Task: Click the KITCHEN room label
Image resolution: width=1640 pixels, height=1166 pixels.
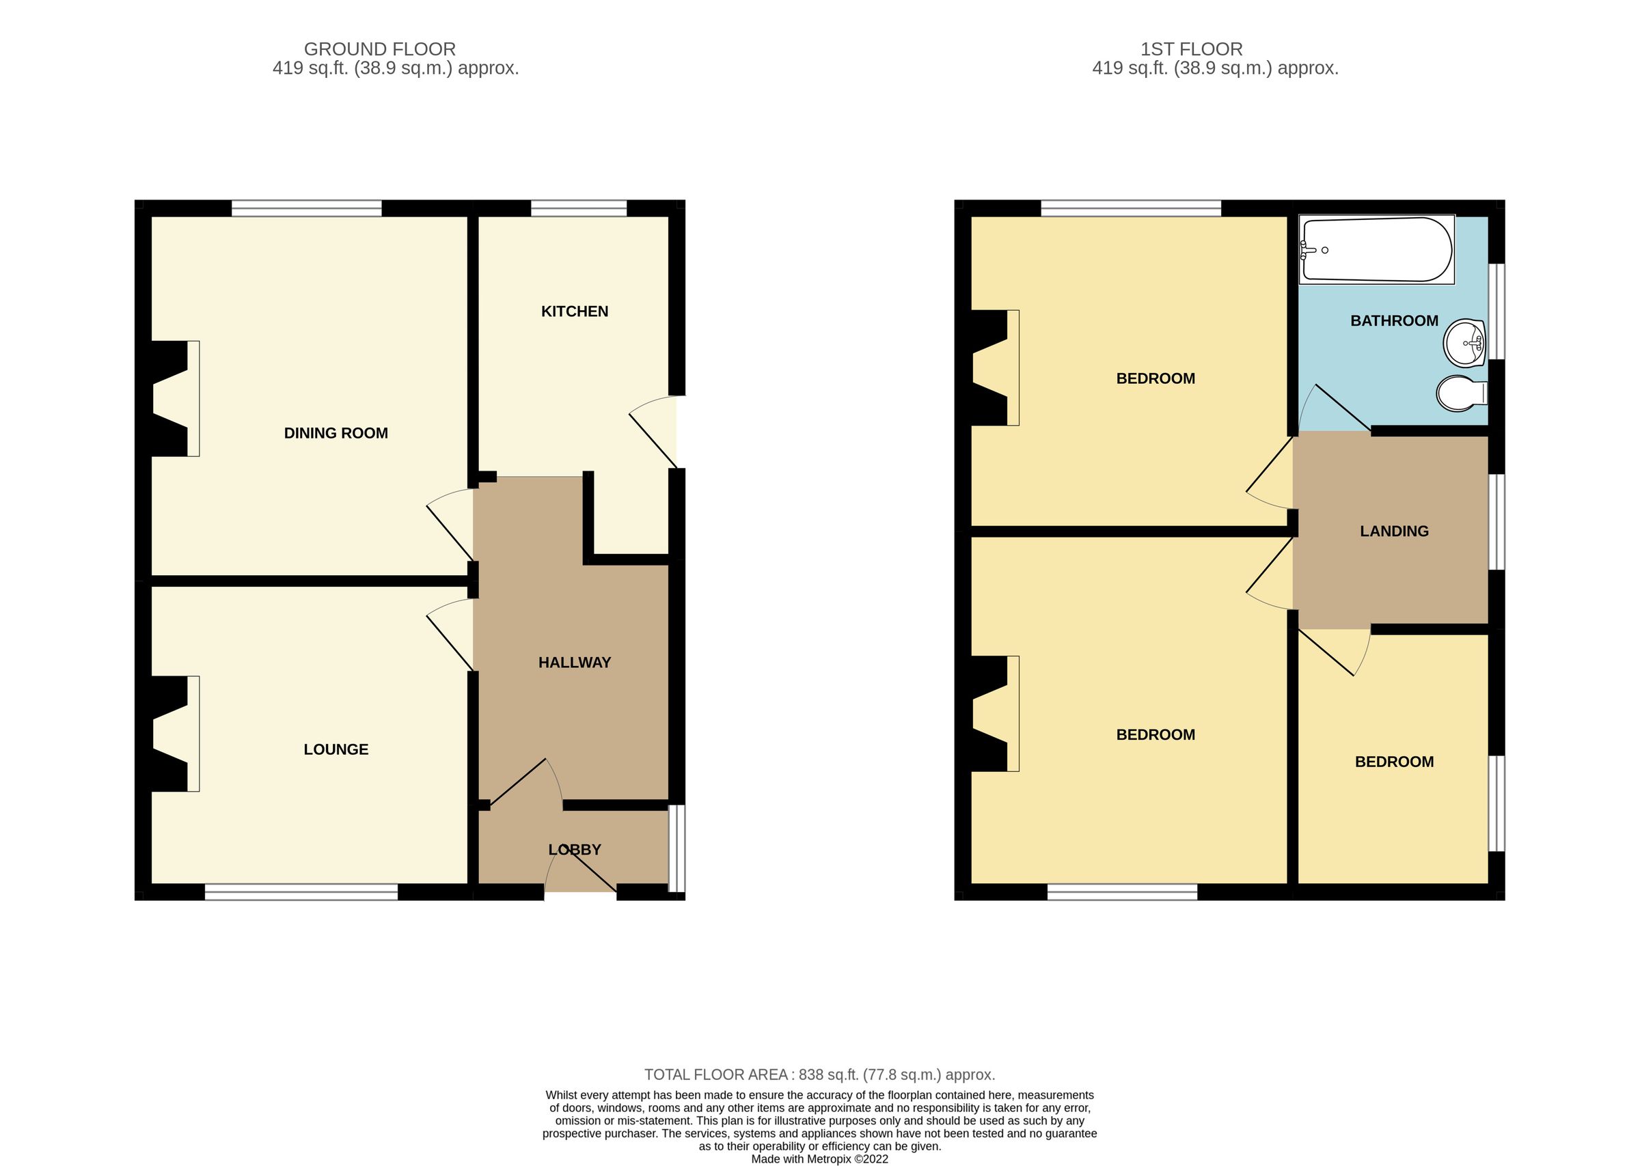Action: click(574, 311)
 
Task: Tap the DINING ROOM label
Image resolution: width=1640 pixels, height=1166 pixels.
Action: click(336, 433)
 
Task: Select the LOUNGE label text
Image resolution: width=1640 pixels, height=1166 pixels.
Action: click(336, 749)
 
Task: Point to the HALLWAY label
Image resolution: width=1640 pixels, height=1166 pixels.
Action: click(574, 662)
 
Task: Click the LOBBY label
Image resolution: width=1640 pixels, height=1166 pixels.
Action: click(574, 849)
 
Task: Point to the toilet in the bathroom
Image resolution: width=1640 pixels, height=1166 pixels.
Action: click(1460, 393)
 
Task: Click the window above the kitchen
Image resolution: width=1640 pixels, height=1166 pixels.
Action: click(578, 208)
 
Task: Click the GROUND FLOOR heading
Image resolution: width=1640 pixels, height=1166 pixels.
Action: click(379, 48)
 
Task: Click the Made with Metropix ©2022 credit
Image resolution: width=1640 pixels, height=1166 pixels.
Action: click(819, 1158)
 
